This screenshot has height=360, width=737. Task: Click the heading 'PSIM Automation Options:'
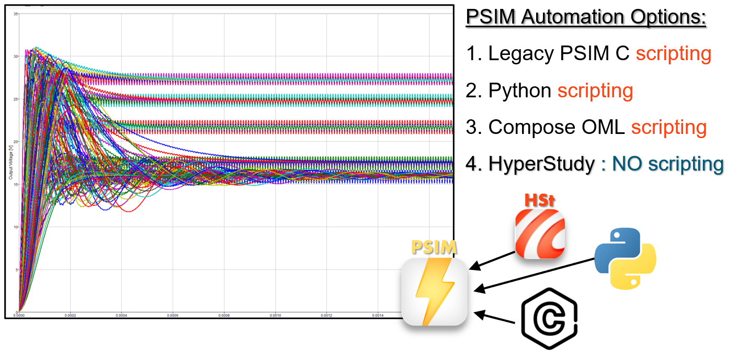point(586,17)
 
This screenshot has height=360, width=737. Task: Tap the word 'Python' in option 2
point(520,91)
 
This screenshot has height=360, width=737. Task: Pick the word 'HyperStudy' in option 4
point(541,164)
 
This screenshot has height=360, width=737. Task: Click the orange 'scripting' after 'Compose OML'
point(668,127)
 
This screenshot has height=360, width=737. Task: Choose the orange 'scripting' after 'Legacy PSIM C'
point(673,53)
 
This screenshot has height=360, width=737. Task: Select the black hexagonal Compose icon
point(549,319)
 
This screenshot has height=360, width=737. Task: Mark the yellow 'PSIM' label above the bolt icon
point(434,247)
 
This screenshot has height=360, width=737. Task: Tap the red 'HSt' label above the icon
point(539,200)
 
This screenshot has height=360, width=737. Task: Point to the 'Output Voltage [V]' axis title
point(10,163)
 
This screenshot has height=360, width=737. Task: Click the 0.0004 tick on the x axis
point(121,316)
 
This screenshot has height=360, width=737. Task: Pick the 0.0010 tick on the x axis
point(275,316)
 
